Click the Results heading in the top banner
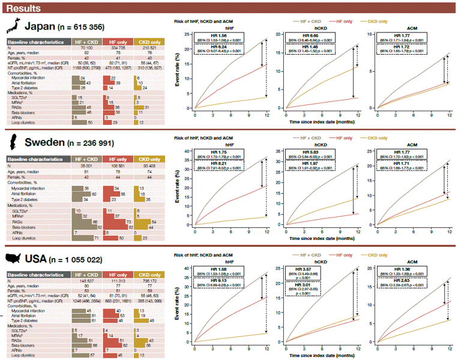point(25,9)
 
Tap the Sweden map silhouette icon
point(13,142)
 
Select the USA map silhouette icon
point(13,259)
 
